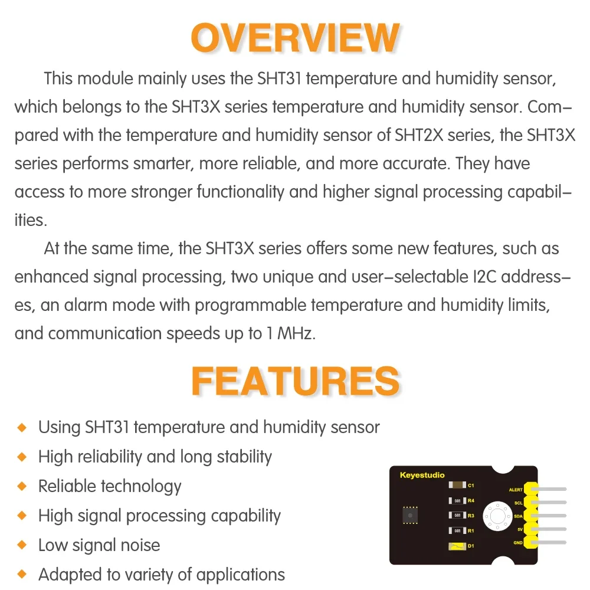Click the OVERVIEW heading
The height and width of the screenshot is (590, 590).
pos(295,38)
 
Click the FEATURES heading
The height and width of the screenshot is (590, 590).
pos(295,381)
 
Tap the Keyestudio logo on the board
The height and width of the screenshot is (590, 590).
pos(422,475)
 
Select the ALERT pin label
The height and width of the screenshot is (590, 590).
pos(515,490)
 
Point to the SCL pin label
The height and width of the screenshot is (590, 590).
pos(517,503)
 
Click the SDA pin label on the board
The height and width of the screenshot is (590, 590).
pos(517,516)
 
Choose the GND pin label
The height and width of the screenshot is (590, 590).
pos(517,542)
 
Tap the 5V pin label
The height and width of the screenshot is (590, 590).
pos(519,529)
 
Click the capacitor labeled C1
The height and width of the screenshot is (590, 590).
pos(457,486)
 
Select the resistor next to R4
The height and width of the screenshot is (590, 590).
pos(457,501)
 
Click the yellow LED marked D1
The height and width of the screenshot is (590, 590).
pos(457,546)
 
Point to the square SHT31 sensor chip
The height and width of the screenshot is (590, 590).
pos(409,515)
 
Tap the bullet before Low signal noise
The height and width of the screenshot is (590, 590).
pos(22,545)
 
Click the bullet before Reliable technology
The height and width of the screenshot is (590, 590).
pos(22,486)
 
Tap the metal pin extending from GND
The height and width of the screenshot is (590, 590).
pos(552,543)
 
